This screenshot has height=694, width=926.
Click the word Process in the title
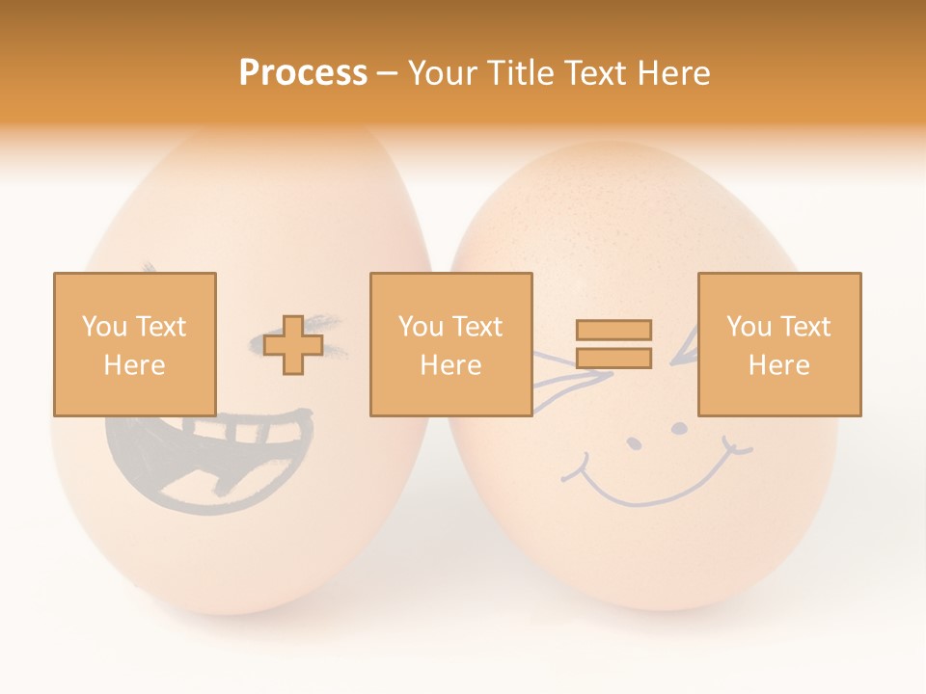point(303,73)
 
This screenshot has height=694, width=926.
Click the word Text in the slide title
point(593,73)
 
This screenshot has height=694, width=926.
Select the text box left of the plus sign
point(134,344)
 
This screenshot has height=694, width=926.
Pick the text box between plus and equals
point(450,344)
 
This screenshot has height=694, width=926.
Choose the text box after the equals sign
point(778,344)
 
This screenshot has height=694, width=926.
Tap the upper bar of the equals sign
point(613,330)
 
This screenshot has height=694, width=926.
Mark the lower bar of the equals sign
point(613,358)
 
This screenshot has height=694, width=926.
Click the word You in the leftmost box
point(103,326)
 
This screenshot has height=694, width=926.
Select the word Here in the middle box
point(450,364)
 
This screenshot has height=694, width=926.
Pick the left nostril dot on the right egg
point(634,444)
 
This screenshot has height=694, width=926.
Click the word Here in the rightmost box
point(778,364)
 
